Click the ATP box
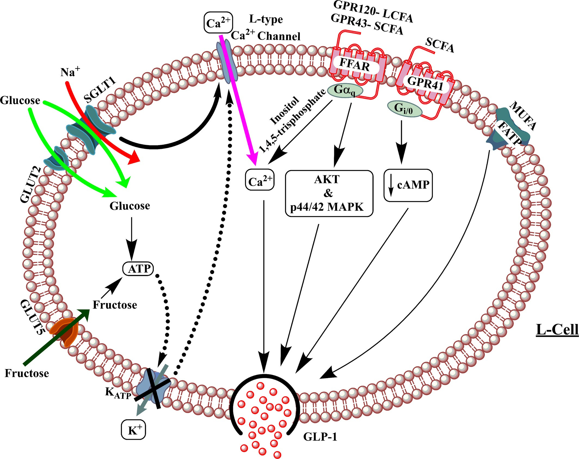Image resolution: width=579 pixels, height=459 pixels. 138,269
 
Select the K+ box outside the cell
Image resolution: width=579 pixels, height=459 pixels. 133,430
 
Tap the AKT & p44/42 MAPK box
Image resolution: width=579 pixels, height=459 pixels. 329,193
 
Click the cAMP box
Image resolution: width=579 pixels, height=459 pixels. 408,185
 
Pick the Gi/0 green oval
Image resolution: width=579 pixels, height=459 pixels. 404,109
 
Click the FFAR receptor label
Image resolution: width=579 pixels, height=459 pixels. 355,65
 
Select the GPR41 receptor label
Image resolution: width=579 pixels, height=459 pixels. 425,83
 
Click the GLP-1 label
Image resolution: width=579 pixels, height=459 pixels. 320,437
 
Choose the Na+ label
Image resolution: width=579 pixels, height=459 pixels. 70,72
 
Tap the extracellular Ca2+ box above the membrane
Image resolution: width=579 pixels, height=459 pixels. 218,23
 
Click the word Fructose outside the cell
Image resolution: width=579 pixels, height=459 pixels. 27,373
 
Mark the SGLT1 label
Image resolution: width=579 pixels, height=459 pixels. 100,90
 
